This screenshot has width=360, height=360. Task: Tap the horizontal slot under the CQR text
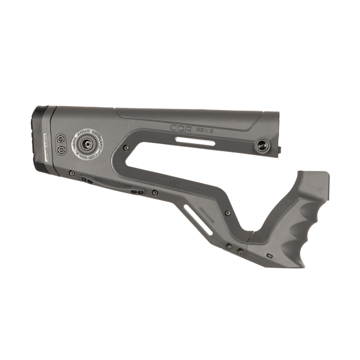click(x=195, y=143)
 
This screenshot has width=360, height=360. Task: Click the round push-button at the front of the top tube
click(x=261, y=144)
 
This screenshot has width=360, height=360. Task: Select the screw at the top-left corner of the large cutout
click(x=126, y=147)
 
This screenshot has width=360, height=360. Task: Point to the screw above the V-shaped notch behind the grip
click(x=228, y=213)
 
